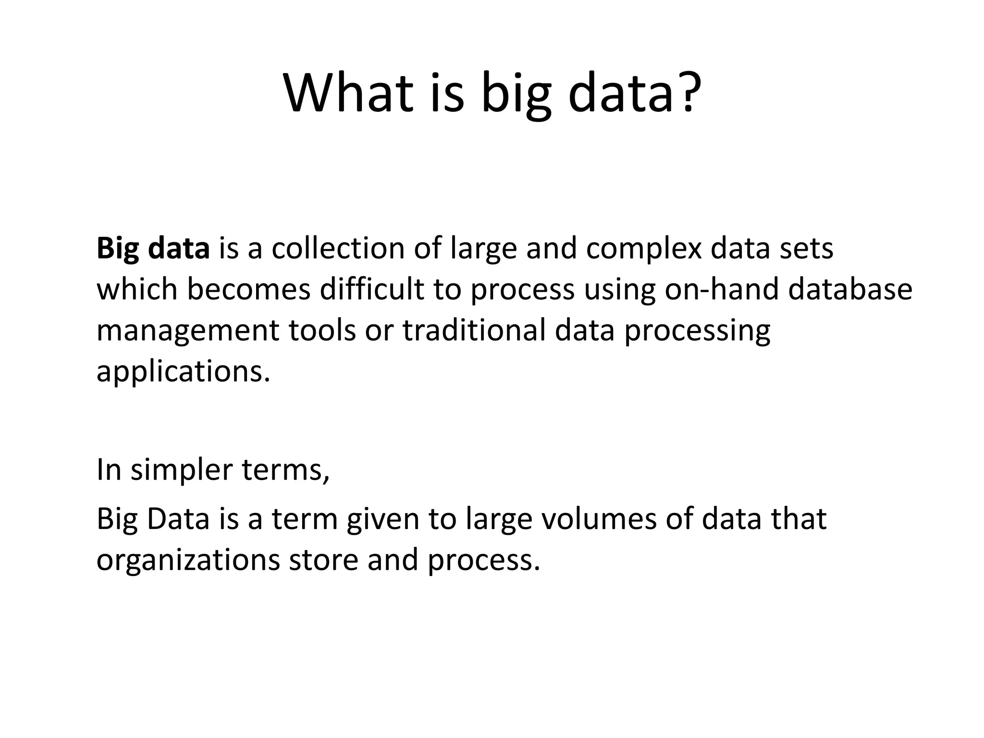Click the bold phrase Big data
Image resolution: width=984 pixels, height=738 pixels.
tap(153, 248)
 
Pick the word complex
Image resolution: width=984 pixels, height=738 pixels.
tap(643, 248)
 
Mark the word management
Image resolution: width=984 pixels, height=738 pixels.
tap(188, 331)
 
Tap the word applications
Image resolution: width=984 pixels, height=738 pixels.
tap(183, 371)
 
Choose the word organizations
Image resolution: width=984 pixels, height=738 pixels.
tap(188, 560)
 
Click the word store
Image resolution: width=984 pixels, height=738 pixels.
tap(323, 560)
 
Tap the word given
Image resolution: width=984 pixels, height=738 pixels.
tap(383, 519)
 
